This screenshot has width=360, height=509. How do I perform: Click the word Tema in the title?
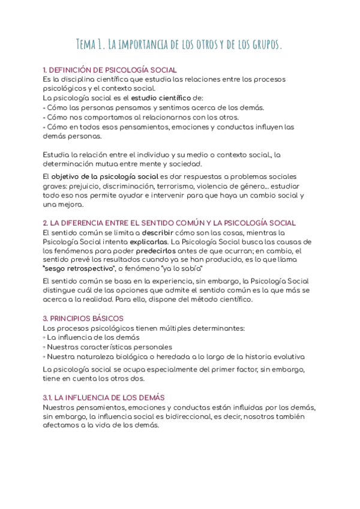88,44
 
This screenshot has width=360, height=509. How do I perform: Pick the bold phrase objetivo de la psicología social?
104,176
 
